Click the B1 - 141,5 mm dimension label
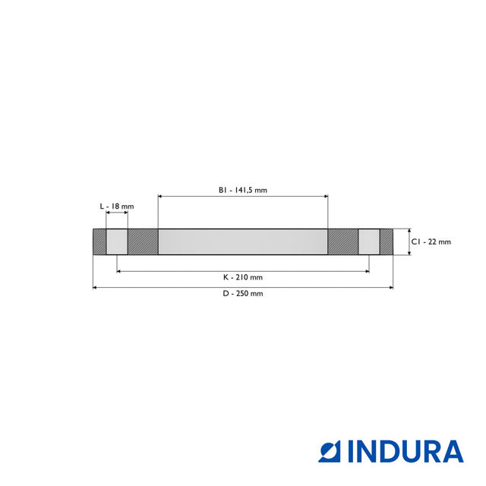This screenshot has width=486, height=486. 243,190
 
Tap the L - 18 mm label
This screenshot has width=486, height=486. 117,206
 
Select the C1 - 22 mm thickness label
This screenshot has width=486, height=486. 431,241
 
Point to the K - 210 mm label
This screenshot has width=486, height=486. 243,277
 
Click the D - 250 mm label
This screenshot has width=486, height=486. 243,293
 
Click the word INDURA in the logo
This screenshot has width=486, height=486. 406,451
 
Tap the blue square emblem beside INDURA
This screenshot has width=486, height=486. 330,451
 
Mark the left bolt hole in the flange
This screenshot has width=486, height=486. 117,241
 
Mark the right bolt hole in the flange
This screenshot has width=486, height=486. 369,241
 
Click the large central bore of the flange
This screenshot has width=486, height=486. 243,241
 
